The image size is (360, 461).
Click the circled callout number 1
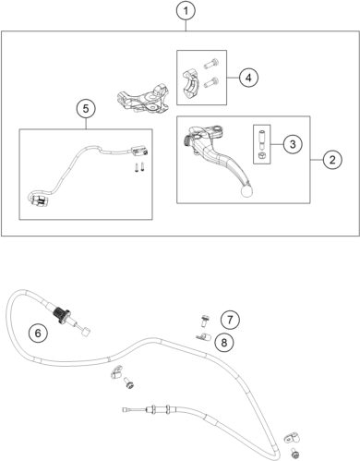tap(186, 12)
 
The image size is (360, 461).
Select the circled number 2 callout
tap(330, 158)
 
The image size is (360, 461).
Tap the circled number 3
tap(290, 143)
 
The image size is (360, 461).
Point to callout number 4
tap(248, 78)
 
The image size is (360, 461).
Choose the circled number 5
tap(85, 109)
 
